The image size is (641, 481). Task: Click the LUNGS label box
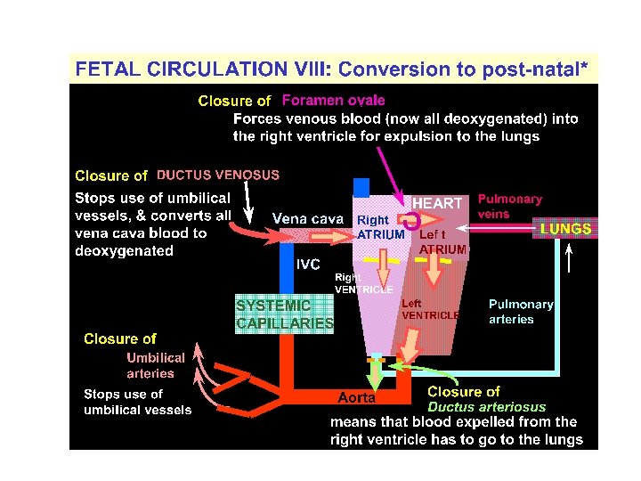pos(565,229)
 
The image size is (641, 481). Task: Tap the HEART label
pos(437,204)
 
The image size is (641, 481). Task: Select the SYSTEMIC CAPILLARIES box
pos(284,314)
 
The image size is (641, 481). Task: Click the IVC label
pos(308,265)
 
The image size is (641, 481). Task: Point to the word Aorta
pos(357,397)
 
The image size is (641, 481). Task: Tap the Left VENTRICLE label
pos(430,309)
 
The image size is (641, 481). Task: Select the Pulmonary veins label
pos(509,207)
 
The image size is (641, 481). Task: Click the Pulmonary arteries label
pos(521,311)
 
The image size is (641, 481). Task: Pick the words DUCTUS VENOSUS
pos(218,175)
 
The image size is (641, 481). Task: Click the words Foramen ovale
pos(333,101)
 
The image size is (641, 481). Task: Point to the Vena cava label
pos(307,219)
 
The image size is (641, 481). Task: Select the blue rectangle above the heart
pos(361,187)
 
